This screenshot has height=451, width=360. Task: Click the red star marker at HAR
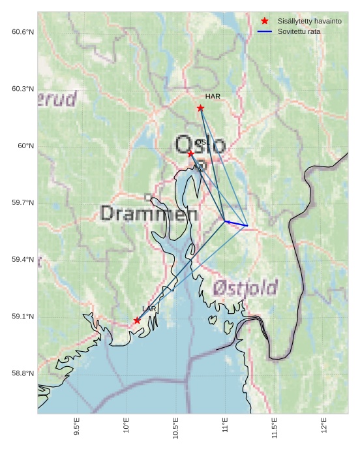pos(200,108)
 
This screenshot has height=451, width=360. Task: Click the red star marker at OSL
pos(190,153)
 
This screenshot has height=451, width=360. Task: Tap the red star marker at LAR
pos(137,320)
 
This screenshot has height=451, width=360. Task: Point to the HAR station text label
pos(213,97)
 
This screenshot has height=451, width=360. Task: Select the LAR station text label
pos(149,309)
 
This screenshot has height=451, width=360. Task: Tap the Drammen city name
pos(149,213)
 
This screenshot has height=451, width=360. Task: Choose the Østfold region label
pos(245,287)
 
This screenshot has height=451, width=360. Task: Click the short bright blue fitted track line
pos(236,224)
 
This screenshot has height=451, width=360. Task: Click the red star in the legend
pos(264,21)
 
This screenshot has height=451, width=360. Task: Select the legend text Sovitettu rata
pos(299,31)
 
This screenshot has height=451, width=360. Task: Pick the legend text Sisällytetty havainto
pos(309,21)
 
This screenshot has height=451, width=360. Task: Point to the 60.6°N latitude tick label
pos(22,32)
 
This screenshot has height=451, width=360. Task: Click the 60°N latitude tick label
pos(25,146)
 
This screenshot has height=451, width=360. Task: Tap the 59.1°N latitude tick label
pos(22,317)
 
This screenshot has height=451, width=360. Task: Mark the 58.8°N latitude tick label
pos(22,374)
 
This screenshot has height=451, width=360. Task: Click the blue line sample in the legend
pos(264,31)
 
